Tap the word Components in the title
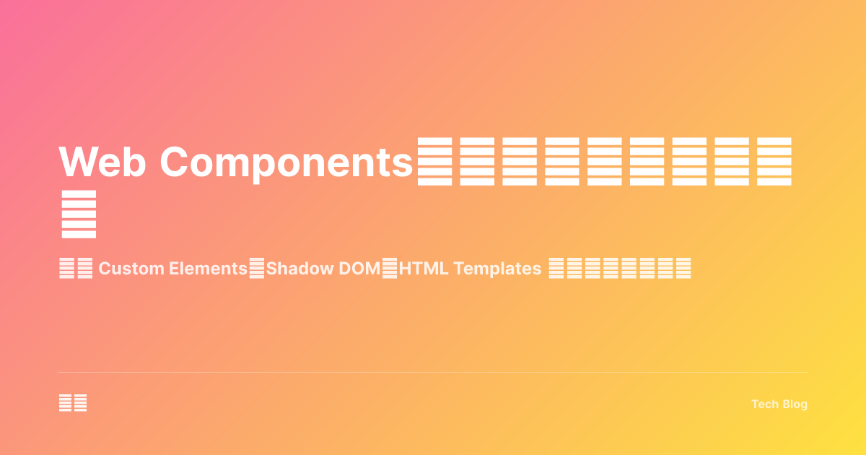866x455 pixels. pos(286,161)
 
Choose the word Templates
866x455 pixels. pos(497,269)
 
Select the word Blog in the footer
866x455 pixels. pos(794,404)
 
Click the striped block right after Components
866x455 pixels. pos(434,161)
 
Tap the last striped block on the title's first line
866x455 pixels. pos(774,161)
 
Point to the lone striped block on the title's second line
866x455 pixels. pos(79,214)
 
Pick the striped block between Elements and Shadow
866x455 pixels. pos(257,269)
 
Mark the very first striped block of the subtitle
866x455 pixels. pos(66,269)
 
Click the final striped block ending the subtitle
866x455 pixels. pos(683,269)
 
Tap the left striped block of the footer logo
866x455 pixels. pos(65,403)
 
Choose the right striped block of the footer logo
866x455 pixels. pos(80,403)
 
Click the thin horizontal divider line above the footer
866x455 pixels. pos(433,373)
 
